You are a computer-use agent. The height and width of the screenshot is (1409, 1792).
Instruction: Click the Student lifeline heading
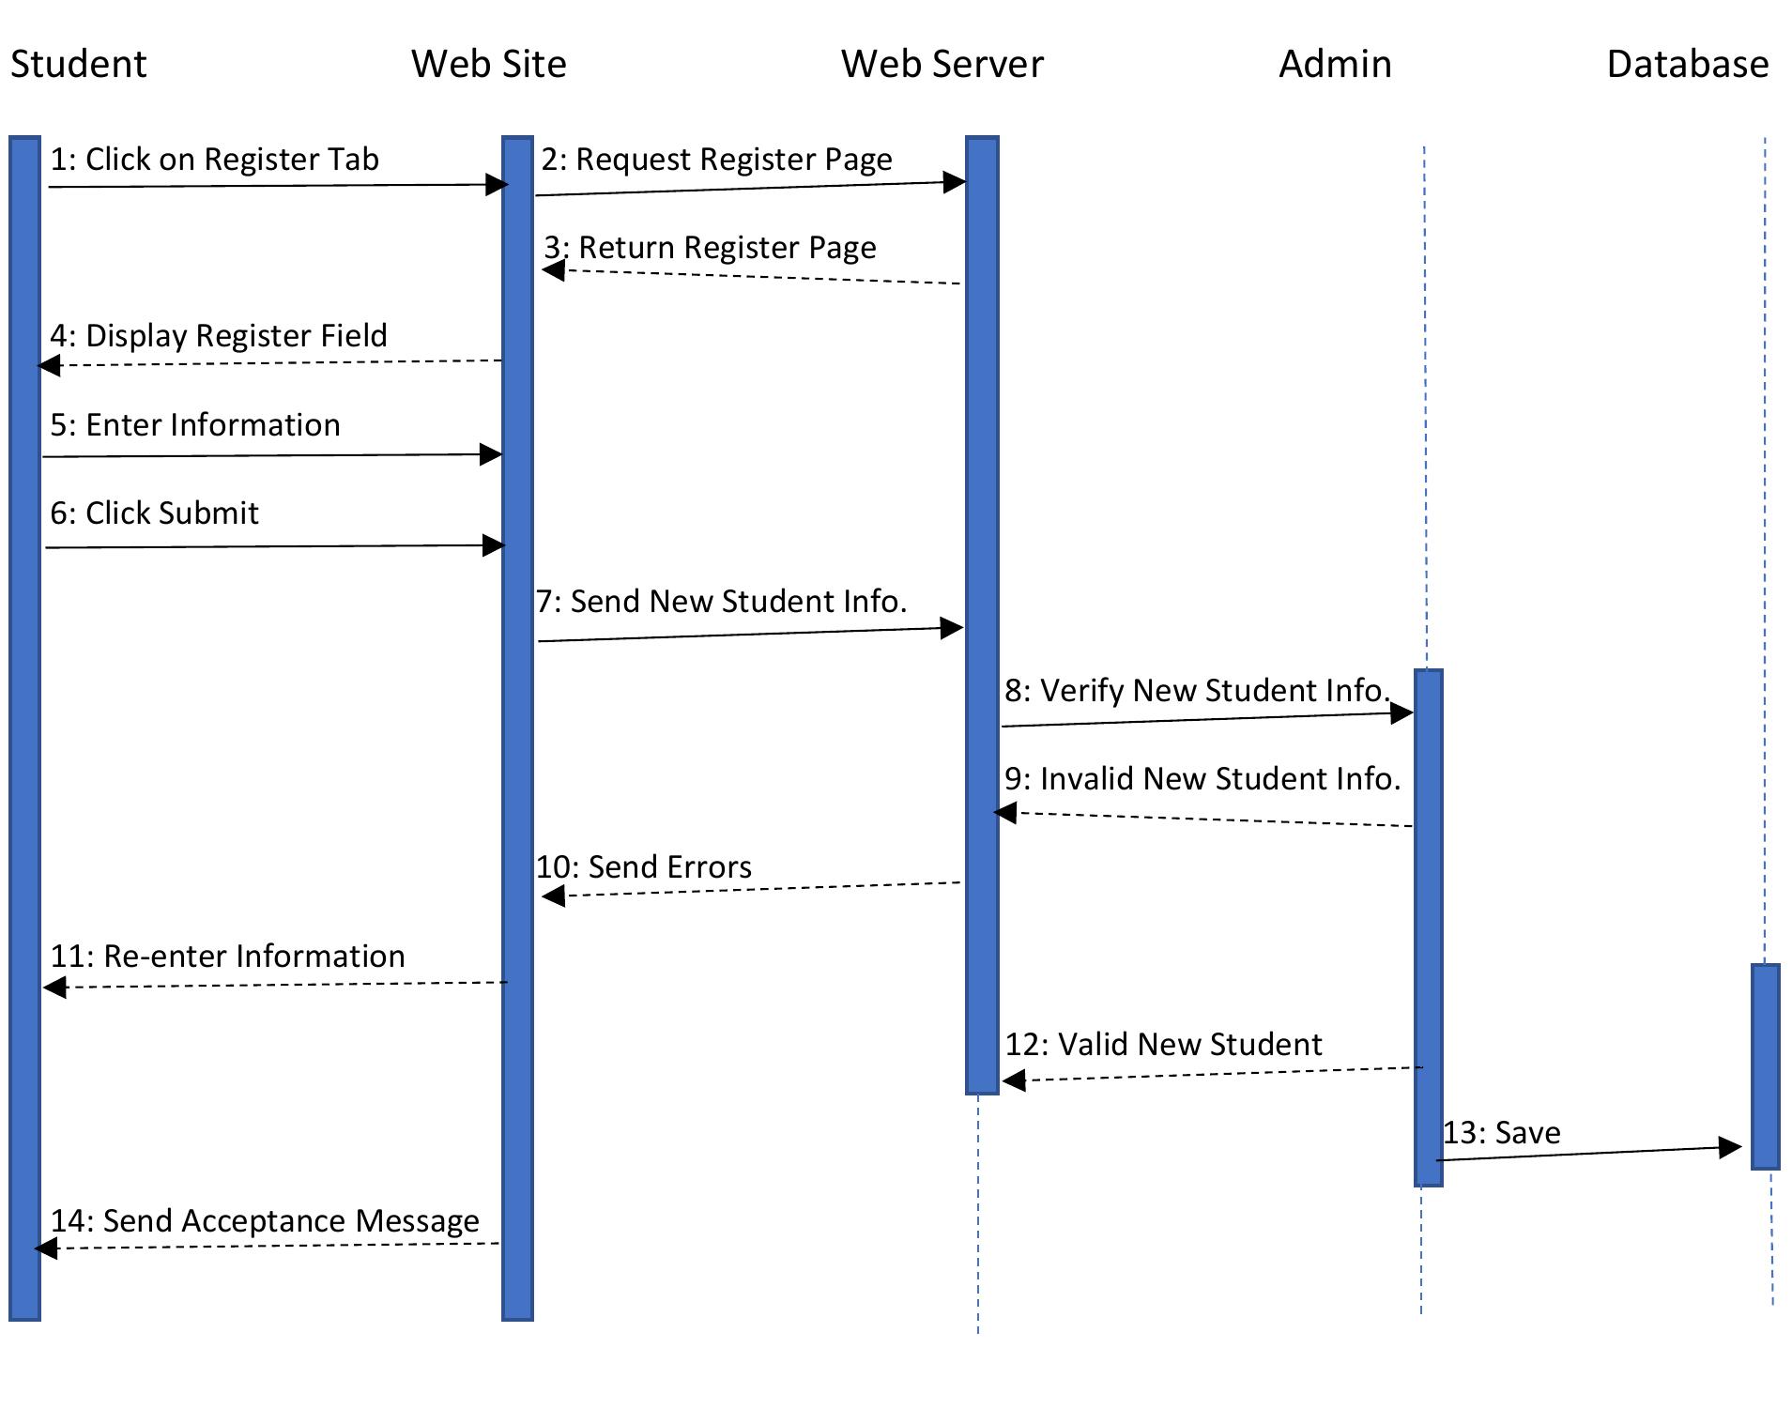pos(79,64)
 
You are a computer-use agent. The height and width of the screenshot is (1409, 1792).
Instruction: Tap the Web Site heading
pos(488,64)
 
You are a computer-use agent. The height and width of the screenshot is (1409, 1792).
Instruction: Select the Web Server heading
pos(942,64)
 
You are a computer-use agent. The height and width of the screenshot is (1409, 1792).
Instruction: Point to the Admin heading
pos(1335,64)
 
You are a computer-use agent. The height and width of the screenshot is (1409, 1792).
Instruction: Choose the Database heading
pos(1687,64)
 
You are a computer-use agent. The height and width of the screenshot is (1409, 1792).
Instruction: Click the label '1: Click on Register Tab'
pos(214,160)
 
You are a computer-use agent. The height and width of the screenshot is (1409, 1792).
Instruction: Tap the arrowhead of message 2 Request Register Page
pos(955,182)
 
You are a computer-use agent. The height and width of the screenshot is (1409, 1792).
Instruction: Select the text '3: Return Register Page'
pos(710,248)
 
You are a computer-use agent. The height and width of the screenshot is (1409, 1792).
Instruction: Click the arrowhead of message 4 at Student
pos(49,365)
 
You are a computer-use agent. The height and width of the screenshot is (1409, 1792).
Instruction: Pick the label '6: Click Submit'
pos(154,513)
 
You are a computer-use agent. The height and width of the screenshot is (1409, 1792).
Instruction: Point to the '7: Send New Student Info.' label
pos(721,602)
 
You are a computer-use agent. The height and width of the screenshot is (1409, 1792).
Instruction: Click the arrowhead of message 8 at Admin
pos(1401,713)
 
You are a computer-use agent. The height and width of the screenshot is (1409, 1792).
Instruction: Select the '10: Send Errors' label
pos(644,867)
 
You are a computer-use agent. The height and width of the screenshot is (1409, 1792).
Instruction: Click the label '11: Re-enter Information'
pos(227,957)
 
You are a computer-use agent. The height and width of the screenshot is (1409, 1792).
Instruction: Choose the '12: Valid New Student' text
pos(1163,1045)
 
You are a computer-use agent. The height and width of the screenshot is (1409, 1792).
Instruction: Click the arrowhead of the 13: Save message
pos(1730,1147)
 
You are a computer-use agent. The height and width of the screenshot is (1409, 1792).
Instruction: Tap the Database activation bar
pos(1765,1066)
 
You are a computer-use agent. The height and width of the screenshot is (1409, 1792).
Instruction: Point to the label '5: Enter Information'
pos(195,425)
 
